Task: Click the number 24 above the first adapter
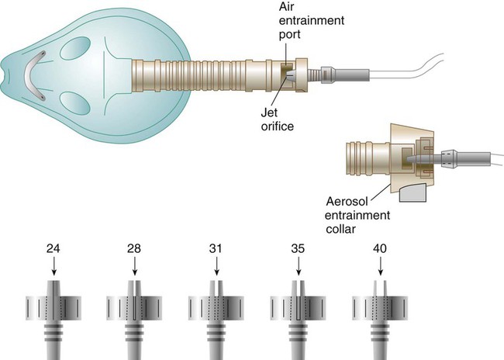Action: pyautogui.click(x=53, y=249)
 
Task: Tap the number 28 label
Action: pyautogui.click(x=133, y=249)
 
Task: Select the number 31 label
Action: pyautogui.click(x=216, y=249)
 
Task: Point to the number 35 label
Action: pyautogui.click(x=298, y=249)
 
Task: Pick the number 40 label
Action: pyautogui.click(x=380, y=249)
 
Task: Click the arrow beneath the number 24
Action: pyautogui.click(x=54, y=266)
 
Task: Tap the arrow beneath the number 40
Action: pyautogui.click(x=381, y=266)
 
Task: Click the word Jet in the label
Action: pyautogui.click(x=269, y=112)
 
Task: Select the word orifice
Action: pyautogui.click(x=278, y=126)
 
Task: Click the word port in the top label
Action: pyautogui.click(x=290, y=34)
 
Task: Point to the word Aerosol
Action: pyautogui.click(x=347, y=202)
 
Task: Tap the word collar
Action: pyautogui.click(x=340, y=229)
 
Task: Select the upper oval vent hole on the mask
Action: pyautogui.click(x=75, y=48)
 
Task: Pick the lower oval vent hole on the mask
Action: pyautogui.click(x=75, y=103)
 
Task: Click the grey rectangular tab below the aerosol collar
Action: pyautogui.click(x=413, y=192)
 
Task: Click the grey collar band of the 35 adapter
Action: pyautogui.click(x=298, y=307)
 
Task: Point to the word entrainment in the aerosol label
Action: pyautogui.click(x=357, y=215)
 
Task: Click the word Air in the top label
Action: pyautogui.click(x=286, y=6)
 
